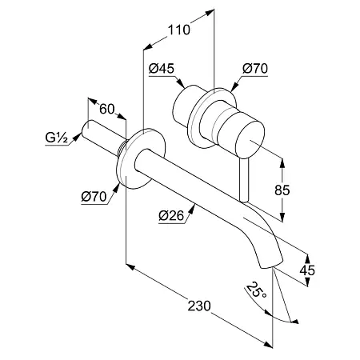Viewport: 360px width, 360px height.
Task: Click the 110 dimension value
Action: [179, 30]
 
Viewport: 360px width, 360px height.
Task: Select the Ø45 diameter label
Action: [162, 69]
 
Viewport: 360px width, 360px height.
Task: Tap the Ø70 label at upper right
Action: [255, 69]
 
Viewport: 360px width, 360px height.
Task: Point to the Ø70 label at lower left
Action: [94, 197]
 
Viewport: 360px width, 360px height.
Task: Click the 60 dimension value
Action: [107, 109]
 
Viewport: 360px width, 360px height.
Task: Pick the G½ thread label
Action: [57, 138]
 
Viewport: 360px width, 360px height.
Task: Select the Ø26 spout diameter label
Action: [171, 215]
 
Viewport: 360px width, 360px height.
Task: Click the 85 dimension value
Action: [282, 190]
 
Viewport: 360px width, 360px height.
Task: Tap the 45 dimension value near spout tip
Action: [307, 270]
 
